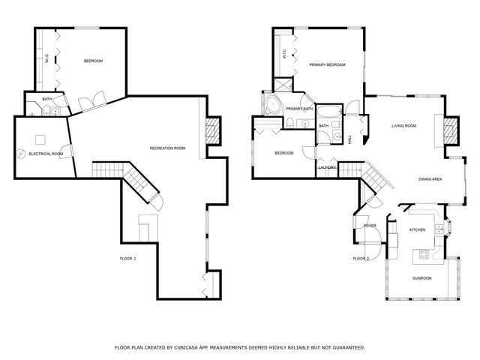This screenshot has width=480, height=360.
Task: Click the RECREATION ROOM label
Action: click(166, 148)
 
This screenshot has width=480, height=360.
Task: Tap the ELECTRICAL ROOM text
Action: click(46, 154)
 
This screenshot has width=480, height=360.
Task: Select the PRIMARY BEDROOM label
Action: click(328, 65)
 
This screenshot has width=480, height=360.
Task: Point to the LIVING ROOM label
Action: click(403, 125)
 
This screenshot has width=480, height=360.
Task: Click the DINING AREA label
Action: click(430, 179)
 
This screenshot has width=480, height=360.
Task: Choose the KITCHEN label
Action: click(417, 229)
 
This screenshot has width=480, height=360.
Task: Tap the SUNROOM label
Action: click(421, 278)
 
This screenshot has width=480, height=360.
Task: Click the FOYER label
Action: click(370, 225)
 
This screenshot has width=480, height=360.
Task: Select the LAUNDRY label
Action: click(327, 167)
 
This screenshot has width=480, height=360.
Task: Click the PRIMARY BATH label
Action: click(298, 109)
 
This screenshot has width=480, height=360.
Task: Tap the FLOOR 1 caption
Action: click(128, 259)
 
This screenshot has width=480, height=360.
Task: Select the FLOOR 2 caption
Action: click(361, 259)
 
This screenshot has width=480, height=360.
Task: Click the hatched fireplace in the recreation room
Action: click(213, 130)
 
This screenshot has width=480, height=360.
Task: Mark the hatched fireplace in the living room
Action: click(451, 130)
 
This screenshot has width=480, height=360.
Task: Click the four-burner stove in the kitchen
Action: click(424, 253)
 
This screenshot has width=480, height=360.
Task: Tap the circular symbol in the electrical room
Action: click(21, 154)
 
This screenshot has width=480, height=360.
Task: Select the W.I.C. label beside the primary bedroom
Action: click(284, 54)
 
